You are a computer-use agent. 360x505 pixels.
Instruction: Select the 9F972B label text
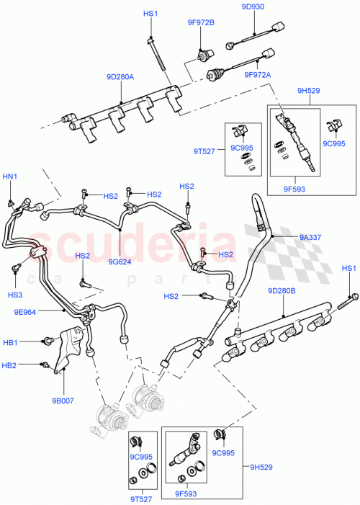click(202, 22)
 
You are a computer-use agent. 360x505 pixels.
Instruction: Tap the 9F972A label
click(257, 74)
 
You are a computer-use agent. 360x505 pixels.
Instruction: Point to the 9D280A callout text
click(121, 75)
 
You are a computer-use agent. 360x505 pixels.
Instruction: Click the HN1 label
click(10, 177)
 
